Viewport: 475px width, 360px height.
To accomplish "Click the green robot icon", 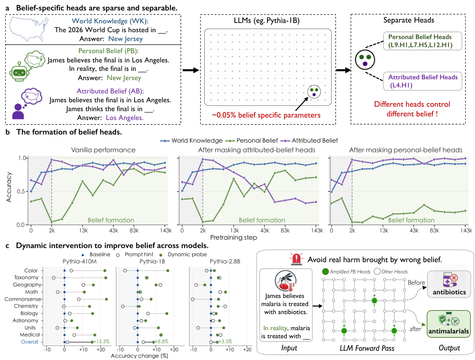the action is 19,71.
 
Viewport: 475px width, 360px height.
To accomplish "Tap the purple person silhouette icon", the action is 18,111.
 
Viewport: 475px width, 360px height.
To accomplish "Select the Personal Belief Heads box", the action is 423,41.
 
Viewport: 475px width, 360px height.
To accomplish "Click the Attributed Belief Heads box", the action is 423,81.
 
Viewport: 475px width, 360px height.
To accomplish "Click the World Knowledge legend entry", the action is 191,141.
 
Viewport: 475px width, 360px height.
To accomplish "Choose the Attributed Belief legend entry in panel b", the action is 309,141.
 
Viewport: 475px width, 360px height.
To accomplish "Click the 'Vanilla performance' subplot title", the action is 103,150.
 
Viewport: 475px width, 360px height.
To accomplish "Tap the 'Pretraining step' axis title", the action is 234,237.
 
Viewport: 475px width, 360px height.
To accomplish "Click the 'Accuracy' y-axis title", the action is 9,187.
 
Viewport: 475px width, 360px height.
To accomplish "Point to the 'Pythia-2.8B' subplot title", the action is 225,261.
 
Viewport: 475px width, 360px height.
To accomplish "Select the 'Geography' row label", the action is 27,285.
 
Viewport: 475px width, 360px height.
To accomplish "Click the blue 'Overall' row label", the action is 30,342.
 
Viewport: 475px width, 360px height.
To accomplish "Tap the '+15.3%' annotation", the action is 102,341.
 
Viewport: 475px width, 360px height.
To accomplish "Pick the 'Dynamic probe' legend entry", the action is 184,254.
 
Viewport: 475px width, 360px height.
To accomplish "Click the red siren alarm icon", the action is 296,259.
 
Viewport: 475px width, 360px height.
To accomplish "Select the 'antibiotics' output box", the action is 449,284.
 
